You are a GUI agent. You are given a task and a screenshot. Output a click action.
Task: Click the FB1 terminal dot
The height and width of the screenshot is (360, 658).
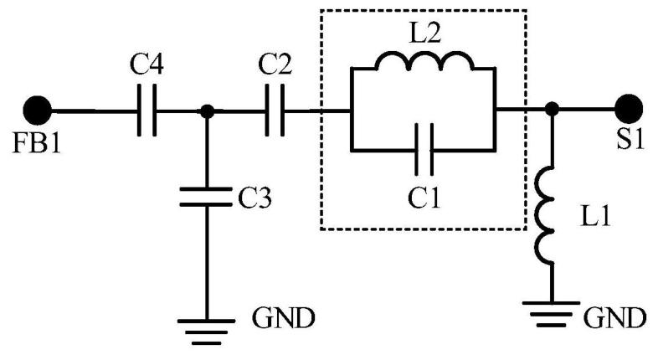pyautogui.click(x=38, y=111)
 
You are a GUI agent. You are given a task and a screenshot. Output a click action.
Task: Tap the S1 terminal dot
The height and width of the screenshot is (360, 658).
pyautogui.click(x=629, y=109)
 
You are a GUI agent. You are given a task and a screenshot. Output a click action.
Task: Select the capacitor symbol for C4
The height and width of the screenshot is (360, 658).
pyautogui.click(x=147, y=111)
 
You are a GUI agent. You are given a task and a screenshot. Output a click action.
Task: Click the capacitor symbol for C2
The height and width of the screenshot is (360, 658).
pyautogui.click(x=275, y=111)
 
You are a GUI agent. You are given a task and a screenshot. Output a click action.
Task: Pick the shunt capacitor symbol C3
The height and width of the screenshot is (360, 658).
pyautogui.click(x=206, y=197)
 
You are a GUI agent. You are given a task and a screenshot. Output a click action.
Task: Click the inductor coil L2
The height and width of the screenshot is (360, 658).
pyautogui.click(x=424, y=61)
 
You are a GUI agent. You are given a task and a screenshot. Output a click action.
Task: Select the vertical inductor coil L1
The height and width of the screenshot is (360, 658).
pyautogui.click(x=546, y=215)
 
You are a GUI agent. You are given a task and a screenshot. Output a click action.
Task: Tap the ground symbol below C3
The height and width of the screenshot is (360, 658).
pyautogui.click(x=206, y=332)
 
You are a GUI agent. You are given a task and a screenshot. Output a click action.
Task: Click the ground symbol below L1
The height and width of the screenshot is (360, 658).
pyautogui.click(x=552, y=313)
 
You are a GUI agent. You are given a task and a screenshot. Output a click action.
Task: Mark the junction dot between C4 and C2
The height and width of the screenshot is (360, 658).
pyautogui.click(x=207, y=111)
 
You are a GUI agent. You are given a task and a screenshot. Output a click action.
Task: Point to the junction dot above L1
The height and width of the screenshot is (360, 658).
pyautogui.click(x=552, y=109)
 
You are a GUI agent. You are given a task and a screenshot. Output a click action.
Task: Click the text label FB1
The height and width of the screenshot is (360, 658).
pyautogui.click(x=37, y=142)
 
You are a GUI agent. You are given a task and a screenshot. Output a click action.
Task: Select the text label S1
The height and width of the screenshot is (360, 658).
pyautogui.click(x=630, y=139)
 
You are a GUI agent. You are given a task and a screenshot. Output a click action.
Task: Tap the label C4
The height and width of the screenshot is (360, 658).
pyautogui.click(x=147, y=64)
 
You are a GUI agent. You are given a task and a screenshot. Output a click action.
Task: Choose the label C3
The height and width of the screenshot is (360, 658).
pyautogui.click(x=255, y=197)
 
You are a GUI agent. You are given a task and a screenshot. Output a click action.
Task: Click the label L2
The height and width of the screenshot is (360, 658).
pyautogui.click(x=424, y=33)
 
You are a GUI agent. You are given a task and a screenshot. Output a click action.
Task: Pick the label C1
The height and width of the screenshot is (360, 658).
pyautogui.click(x=424, y=198)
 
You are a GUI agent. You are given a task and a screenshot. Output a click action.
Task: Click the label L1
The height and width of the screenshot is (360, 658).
pyautogui.click(x=594, y=217)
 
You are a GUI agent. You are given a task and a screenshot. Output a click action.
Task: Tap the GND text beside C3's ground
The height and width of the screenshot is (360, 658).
pyautogui.click(x=283, y=318)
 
